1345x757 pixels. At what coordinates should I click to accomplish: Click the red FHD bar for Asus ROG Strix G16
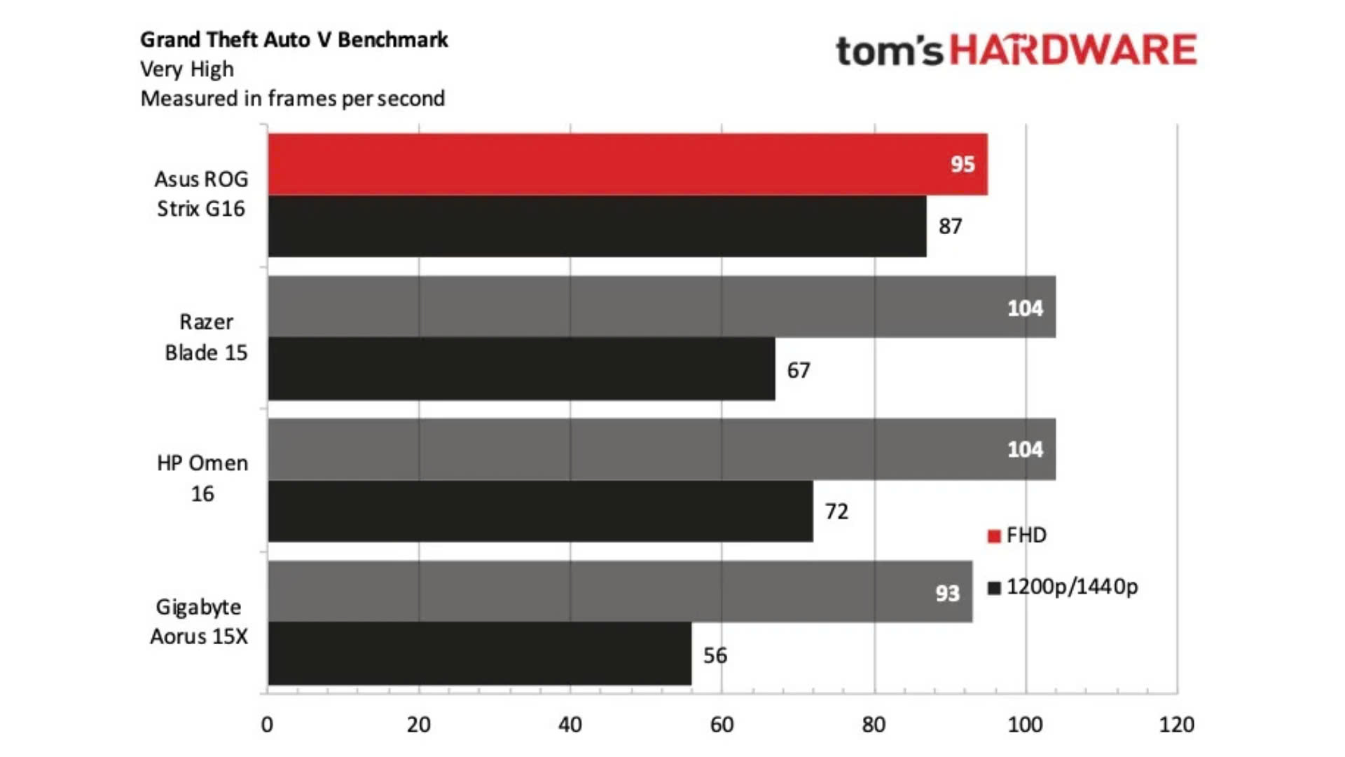click(x=627, y=164)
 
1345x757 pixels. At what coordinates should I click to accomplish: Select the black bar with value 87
click(x=596, y=226)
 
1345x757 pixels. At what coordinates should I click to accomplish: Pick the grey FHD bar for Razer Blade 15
click(x=661, y=307)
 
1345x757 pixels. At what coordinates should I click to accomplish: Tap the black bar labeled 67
click(x=521, y=369)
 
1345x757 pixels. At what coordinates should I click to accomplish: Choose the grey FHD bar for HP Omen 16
click(x=661, y=449)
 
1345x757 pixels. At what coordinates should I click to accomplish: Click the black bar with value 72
click(x=540, y=511)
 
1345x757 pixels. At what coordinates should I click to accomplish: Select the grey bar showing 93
click(x=619, y=592)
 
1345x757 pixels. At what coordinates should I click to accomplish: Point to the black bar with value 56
click(x=479, y=654)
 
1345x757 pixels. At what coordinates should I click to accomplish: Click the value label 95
click(x=963, y=164)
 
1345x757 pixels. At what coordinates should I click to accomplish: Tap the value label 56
click(x=715, y=655)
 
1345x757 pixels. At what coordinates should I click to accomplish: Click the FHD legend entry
click(x=1018, y=536)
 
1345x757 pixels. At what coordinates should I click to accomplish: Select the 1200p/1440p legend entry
click(x=1063, y=587)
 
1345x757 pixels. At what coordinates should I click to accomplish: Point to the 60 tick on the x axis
click(x=722, y=724)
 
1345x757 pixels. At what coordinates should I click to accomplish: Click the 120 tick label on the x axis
click(x=1177, y=724)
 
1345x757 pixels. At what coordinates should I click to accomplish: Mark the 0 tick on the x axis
click(x=267, y=724)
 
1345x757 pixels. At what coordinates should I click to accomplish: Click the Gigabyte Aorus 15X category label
click(x=200, y=621)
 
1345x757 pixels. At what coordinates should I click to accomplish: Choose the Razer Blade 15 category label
click(x=206, y=337)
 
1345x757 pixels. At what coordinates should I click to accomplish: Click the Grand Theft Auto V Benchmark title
click(x=294, y=40)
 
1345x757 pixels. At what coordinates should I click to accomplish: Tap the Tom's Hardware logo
click(x=1016, y=50)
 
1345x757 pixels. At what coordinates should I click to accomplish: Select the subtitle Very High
click(x=187, y=69)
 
